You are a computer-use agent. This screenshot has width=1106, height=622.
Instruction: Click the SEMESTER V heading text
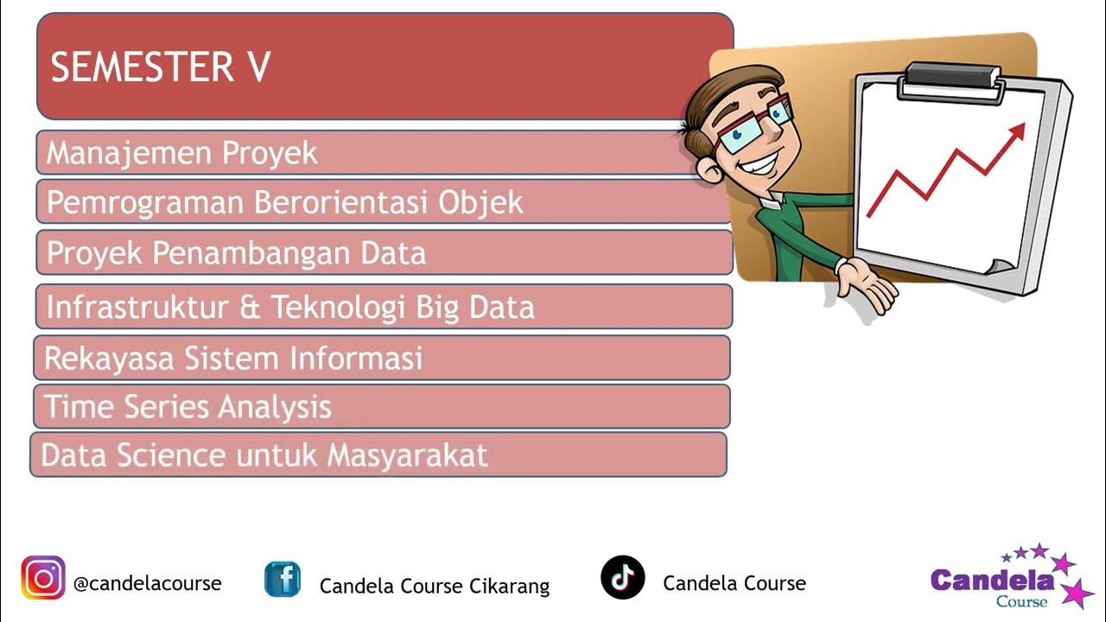pyautogui.click(x=161, y=67)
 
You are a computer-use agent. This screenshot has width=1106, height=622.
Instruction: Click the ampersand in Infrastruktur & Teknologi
pyautogui.click(x=250, y=307)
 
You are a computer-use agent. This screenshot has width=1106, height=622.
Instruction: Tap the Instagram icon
pyautogui.click(x=43, y=577)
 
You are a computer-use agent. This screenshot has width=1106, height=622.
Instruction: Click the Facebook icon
pyautogui.click(x=283, y=579)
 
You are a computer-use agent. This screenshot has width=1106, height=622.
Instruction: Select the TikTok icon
pyautogui.click(x=623, y=577)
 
